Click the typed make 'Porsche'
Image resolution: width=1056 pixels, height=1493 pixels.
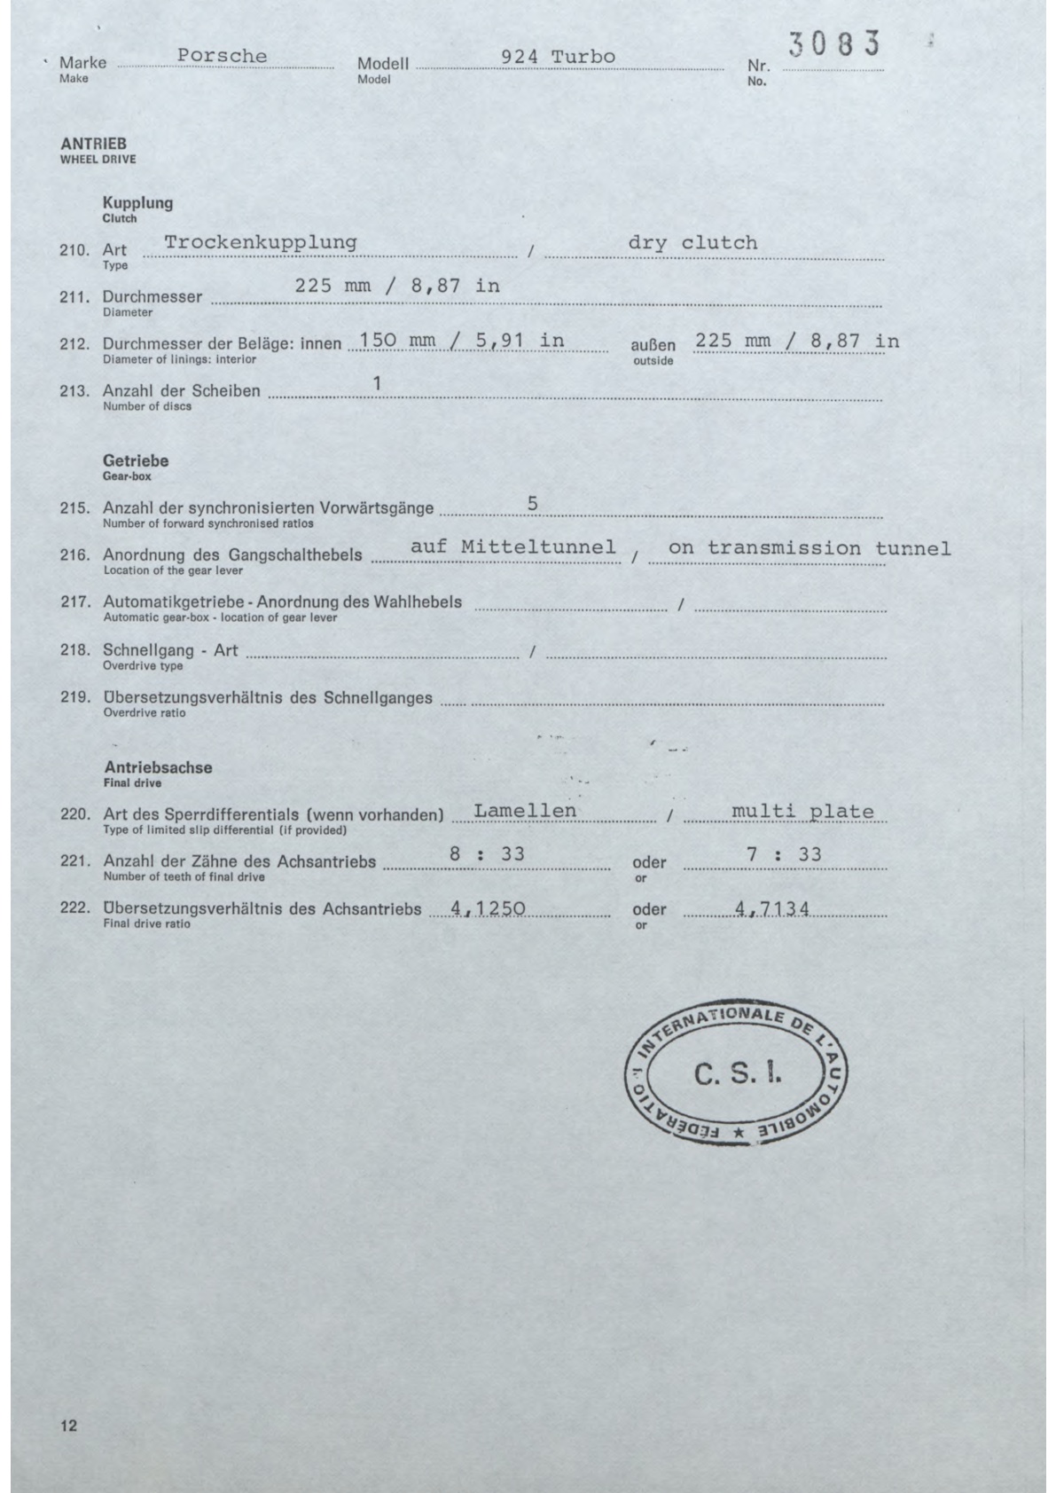[x=222, y=56]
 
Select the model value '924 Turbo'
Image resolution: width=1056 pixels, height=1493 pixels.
[x=558, y=57]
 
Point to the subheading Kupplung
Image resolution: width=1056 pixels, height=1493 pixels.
[x=137, y=202]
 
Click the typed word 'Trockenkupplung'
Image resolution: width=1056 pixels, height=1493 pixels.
[x=261, y=242]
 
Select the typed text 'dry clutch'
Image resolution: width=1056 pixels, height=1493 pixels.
[x=692, y=243]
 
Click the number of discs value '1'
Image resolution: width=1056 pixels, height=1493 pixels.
[x=377, y=384]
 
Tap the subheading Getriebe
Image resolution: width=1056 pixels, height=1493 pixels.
[x=136, y=461]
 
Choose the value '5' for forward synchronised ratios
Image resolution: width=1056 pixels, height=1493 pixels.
[x=532, y=504]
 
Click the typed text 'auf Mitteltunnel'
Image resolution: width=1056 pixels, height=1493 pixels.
[x=513, y=547]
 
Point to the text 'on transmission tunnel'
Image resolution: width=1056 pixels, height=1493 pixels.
[x=810, y=548]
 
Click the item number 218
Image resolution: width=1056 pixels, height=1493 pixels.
[x=74, y=650]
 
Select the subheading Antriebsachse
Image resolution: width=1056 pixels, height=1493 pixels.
[x=159, y=767]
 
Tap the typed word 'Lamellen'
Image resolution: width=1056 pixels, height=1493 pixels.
[x=525, y=811]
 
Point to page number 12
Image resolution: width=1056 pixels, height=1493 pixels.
[x=69, y=1426]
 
